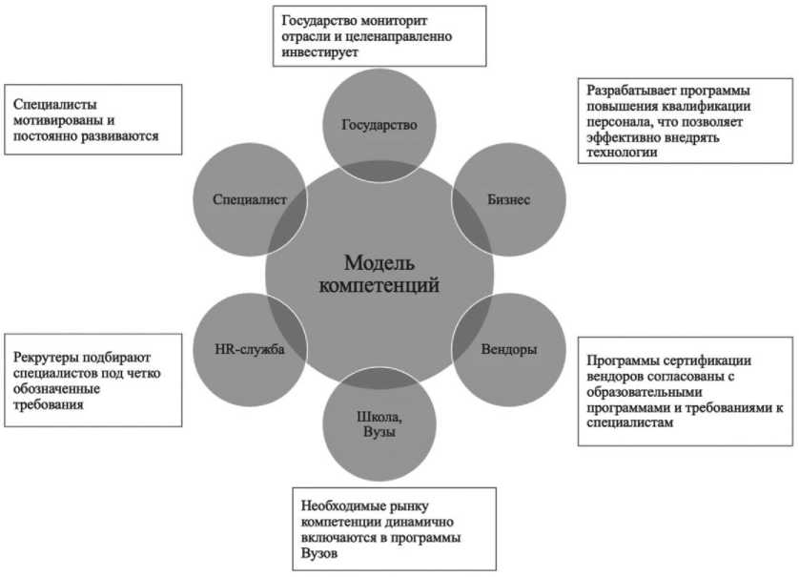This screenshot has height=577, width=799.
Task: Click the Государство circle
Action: (379, 125)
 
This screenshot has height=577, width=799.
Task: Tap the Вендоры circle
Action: (507, 349)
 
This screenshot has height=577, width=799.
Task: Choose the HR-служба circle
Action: (251, 349)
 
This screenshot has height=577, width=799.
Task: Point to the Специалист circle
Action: (251, 199)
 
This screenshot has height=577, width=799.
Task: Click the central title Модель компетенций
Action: (379, 274)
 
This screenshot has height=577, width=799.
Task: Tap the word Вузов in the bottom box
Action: (318, 554)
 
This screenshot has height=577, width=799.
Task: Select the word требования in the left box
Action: (49, 405)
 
